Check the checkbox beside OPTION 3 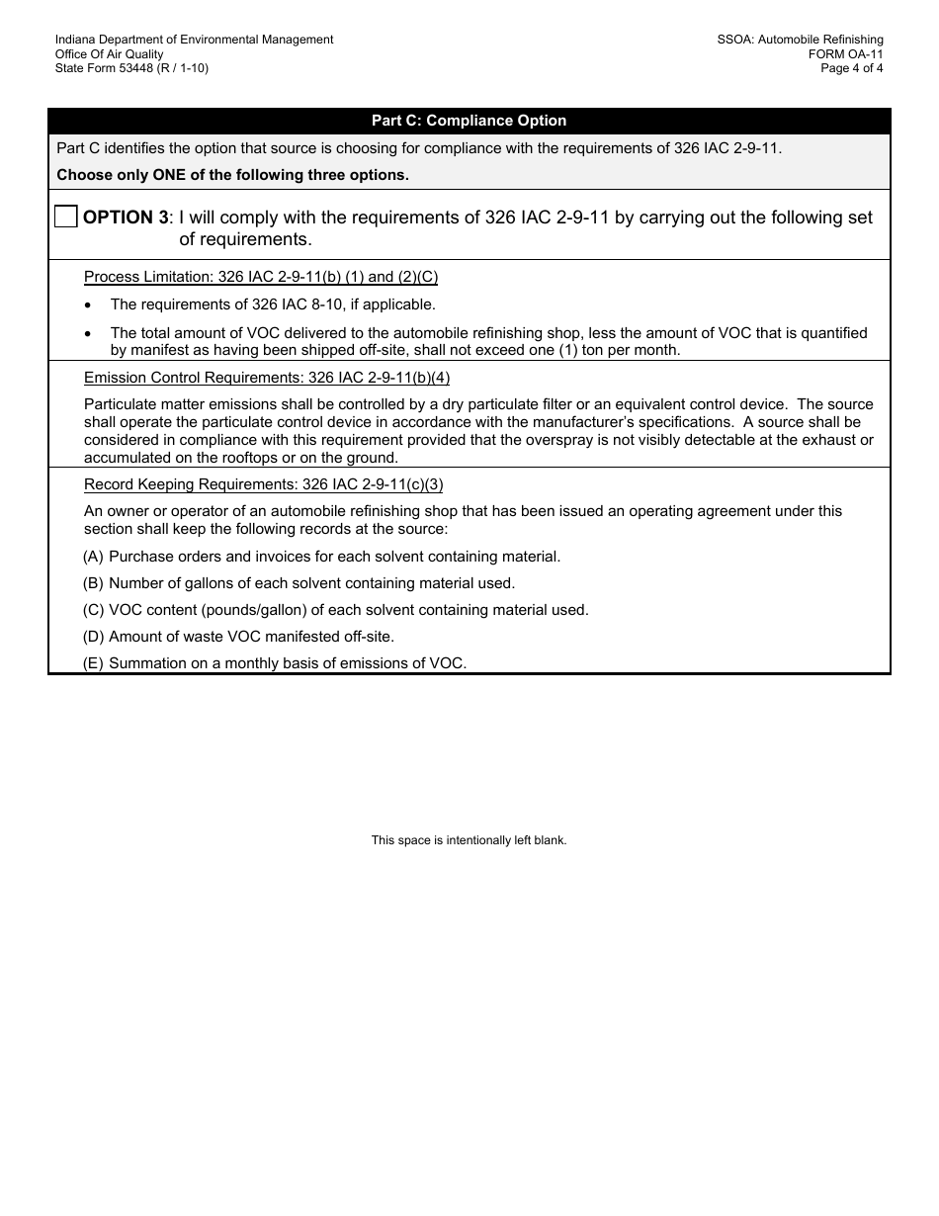pos(65,217)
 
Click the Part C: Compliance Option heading pos(469,121)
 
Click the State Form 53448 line pos(131,68)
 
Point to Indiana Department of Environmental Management pos(194,40)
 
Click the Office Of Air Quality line pos(109,54)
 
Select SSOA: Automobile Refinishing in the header pos(800,40)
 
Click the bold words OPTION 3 pos(126,217)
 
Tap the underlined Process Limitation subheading pos(260,277)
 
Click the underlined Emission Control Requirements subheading pos(266,378)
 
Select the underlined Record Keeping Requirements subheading pos(263,484)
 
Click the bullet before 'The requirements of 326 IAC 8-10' pos(89,305)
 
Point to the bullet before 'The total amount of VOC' pos(89,334)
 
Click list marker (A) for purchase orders pos(93,557)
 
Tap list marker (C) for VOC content pos(93,610)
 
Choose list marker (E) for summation pos(93,663)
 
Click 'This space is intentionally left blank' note pos(469,840)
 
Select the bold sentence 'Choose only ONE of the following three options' pos(232,175)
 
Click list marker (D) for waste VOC pos(93,637)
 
